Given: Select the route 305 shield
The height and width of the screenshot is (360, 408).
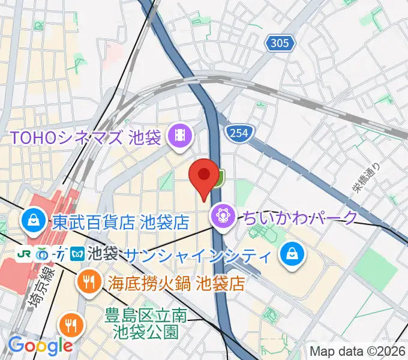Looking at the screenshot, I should pyautogui.click(x=279, y=43).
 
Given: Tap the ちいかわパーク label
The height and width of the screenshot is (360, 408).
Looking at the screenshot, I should pyautogui.click(x=300, y=216).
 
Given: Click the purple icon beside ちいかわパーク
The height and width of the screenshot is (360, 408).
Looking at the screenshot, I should pyautogui.click(x=222, y=215).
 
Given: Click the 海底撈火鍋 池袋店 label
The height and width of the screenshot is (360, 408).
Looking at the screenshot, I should pyautogui.click(x=178, y=283).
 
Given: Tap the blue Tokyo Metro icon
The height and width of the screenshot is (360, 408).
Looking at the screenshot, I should pyautogui.click(x=77, y=254).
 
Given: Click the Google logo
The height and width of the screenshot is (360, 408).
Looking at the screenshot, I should pyautogui.click(x=40, y=346).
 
